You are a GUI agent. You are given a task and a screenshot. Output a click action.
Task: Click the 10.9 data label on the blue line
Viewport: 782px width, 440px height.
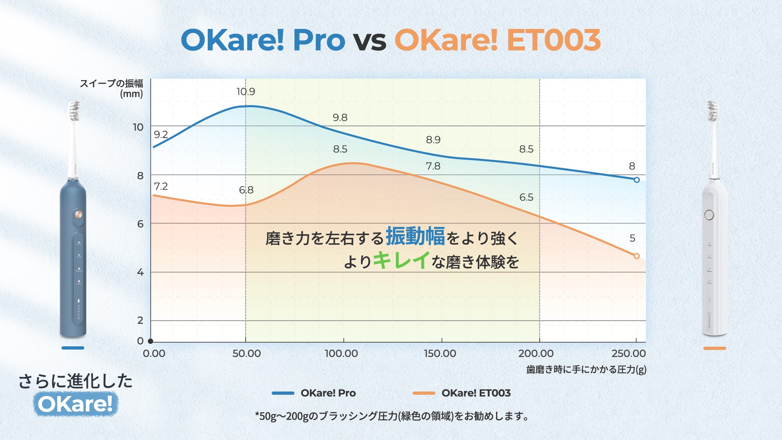[x=246, y=92]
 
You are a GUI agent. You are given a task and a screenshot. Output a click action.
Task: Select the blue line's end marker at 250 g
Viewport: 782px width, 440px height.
[x=637, y=180]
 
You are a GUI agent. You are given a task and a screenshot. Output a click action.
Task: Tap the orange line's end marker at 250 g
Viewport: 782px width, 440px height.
[x=637, y=256]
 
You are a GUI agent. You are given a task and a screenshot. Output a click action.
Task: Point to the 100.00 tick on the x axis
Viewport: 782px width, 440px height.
[x=341, y=353]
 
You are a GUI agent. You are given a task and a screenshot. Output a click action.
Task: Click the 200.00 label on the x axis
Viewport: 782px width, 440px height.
[x=536, y=353]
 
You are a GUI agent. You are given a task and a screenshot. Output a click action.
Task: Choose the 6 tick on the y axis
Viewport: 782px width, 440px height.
[x=140, y=224]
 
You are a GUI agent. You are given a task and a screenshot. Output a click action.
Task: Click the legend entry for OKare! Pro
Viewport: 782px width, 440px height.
[x=314, y=393]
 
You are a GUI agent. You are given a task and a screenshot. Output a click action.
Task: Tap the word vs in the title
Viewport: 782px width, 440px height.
[x=369, y=41]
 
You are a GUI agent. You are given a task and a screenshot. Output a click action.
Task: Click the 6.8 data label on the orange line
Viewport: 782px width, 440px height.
[x=246, y=190]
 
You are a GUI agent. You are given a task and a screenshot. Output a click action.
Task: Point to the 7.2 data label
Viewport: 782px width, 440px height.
[x=161, y=186]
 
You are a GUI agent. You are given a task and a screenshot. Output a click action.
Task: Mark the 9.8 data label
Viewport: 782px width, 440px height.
[x=340, y=117]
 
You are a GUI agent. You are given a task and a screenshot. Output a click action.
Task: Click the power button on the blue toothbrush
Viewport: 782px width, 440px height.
[x=79, y=214]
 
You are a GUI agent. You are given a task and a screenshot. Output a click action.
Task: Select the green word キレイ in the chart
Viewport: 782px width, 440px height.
[x=401, y=260]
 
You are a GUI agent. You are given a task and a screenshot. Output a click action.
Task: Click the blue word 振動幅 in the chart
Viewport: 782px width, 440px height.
[x=415, y=236]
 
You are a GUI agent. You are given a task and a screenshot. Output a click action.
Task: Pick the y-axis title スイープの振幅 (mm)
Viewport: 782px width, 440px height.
[x=111, y=88]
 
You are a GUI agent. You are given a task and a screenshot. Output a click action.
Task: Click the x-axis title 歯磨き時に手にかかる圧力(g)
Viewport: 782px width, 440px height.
[x=586, y=370]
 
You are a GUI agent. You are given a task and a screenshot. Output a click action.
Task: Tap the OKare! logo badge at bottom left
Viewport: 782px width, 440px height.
[x=75, y=404]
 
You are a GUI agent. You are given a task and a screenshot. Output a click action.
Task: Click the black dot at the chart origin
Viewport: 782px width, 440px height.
[x=151, y=341]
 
